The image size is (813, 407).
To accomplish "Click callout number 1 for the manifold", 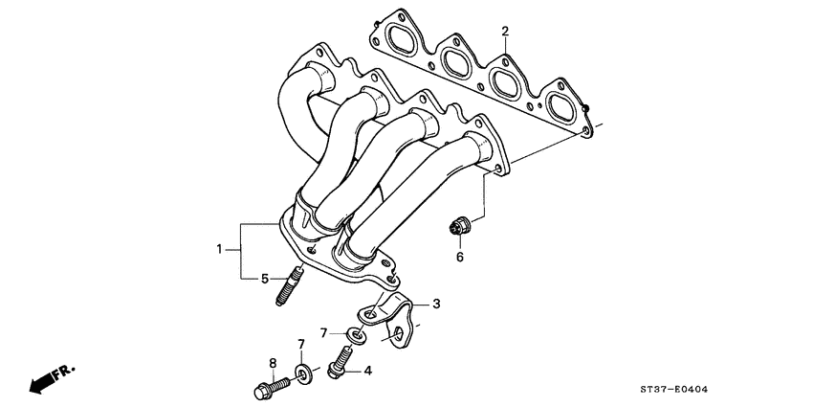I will click(219, 250).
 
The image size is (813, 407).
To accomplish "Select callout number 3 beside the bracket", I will click(436, 305).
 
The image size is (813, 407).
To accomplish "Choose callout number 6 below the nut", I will click(459, 257).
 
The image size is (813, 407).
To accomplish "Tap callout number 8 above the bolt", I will click(272, 362).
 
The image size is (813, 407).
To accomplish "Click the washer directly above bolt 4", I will click(354, 335).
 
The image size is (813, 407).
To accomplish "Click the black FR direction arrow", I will click(43, 383).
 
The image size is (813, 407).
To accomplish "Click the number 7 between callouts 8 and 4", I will click(300, 344).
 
